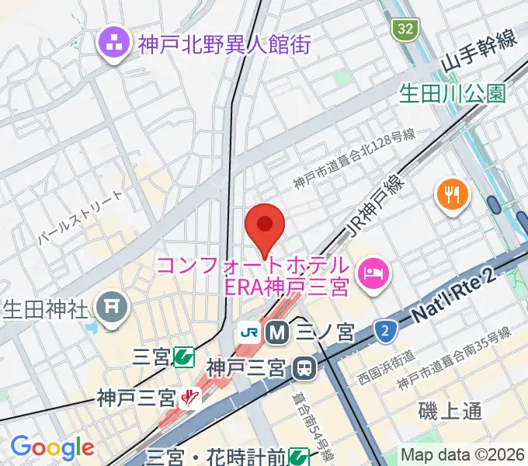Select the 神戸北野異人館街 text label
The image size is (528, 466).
tap(224, 43)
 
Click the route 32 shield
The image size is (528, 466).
tap(404, 30)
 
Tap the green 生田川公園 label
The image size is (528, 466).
tap(452, 94)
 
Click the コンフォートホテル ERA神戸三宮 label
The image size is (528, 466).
tap(252, 276)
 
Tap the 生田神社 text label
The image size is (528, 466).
tap(46, 308)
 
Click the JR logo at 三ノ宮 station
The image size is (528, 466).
tap(250, 332)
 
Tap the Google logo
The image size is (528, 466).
tap(52, 448)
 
